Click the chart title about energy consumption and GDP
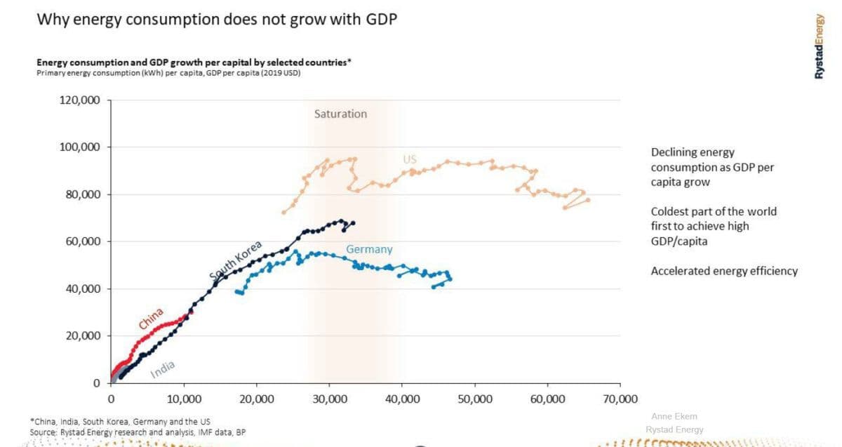coord(217,19)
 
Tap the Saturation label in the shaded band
coord(340,114)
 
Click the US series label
coord(410,159)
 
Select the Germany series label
coord(369,249)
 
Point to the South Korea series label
coord(236,262)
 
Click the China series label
coord(152,319)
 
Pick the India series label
coord(163,369)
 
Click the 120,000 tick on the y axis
coord(80,100)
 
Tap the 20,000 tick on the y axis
coord(83,335)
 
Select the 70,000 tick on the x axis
coord(620,399)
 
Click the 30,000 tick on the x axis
coord(329,399)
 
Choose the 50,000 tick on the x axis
coord(474,399)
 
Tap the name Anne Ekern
coord(674,416)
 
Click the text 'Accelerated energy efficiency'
coord(724,271)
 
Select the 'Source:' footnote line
coord(138,432)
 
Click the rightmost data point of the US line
coord(588,200)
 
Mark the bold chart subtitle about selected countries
coord(194,62)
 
